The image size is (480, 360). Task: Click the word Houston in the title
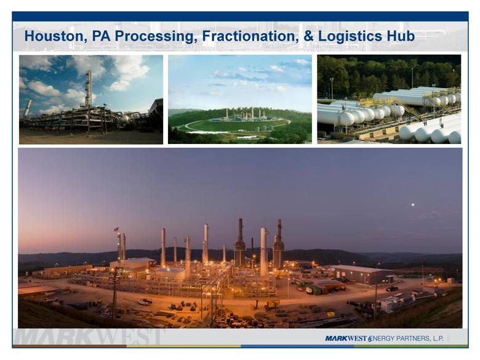(54, 36)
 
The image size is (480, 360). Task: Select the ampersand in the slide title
(308, 36)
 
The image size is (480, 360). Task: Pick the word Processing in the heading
(156, 36)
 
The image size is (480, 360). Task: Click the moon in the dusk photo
(413, 204)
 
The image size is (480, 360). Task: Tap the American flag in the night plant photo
(116, 229)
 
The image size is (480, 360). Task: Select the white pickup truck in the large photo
(145, 302)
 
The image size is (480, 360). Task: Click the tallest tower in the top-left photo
(88, 88)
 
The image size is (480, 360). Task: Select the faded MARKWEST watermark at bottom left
(89, 337)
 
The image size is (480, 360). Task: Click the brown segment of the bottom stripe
(70, 346)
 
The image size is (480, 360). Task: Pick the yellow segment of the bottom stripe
(183, 346)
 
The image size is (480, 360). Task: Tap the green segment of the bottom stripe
(411, 346)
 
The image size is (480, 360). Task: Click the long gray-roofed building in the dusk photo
(360, 274)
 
